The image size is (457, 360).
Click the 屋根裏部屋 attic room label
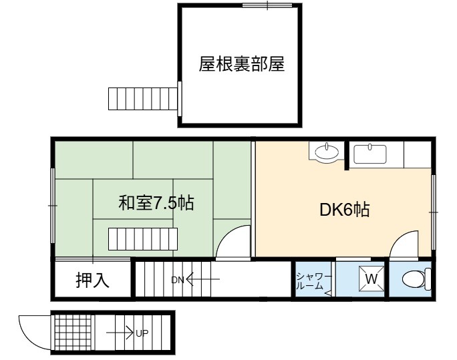click(242, 64)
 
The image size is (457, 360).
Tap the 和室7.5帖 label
click(156, 203)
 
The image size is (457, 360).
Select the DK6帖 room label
click(345, 210)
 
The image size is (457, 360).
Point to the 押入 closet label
click(92, 281)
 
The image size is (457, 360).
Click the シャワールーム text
click(313, 281)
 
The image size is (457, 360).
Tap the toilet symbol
click(416, 279)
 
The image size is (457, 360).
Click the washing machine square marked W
click(371, 279)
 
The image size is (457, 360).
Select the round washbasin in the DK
click(327, 152)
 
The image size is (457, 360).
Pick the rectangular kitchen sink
click(370, 154)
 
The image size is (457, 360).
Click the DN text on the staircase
click(178, 281)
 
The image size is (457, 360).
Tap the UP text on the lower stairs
click(142, 333)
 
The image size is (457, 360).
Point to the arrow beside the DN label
click(203, 279)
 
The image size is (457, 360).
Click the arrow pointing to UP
click(120, 333)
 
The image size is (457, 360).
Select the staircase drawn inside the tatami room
click(143, 239)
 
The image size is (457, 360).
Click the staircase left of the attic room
click(143, 99)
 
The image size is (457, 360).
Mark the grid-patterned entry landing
click(73, 333)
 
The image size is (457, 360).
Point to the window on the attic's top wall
click(267, 5)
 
